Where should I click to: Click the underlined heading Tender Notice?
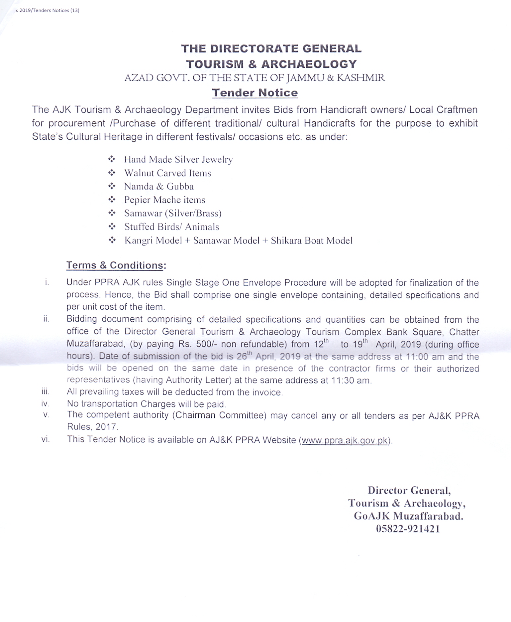(x=255, y=93)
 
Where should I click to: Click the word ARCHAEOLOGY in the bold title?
(x=309, y=64)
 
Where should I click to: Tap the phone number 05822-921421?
(x=408, y=529)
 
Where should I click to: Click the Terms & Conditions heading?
(x=115, y=265)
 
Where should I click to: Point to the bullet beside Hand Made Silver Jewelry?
(x=112, y=159)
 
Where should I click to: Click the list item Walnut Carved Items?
(x=167, y=173)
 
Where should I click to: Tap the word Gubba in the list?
(x=180, y=186)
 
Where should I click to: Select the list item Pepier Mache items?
(x=164, y=200)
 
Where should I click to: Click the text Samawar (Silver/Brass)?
(x=173, y=213)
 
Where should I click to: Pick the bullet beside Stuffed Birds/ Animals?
(x=112, y=227)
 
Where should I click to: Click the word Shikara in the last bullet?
(x=286, y=240)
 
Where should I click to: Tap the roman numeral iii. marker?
(x=46, y=391)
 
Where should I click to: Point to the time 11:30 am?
(x=351, y=380)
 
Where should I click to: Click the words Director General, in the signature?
(x=409, y=490)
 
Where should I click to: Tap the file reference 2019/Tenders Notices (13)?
(x=49, y=10)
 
